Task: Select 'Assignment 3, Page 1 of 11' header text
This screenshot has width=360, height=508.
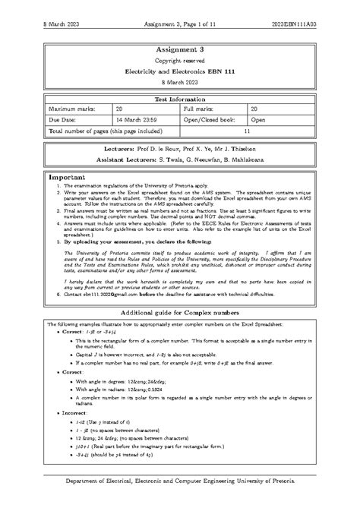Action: pos(179,8)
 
